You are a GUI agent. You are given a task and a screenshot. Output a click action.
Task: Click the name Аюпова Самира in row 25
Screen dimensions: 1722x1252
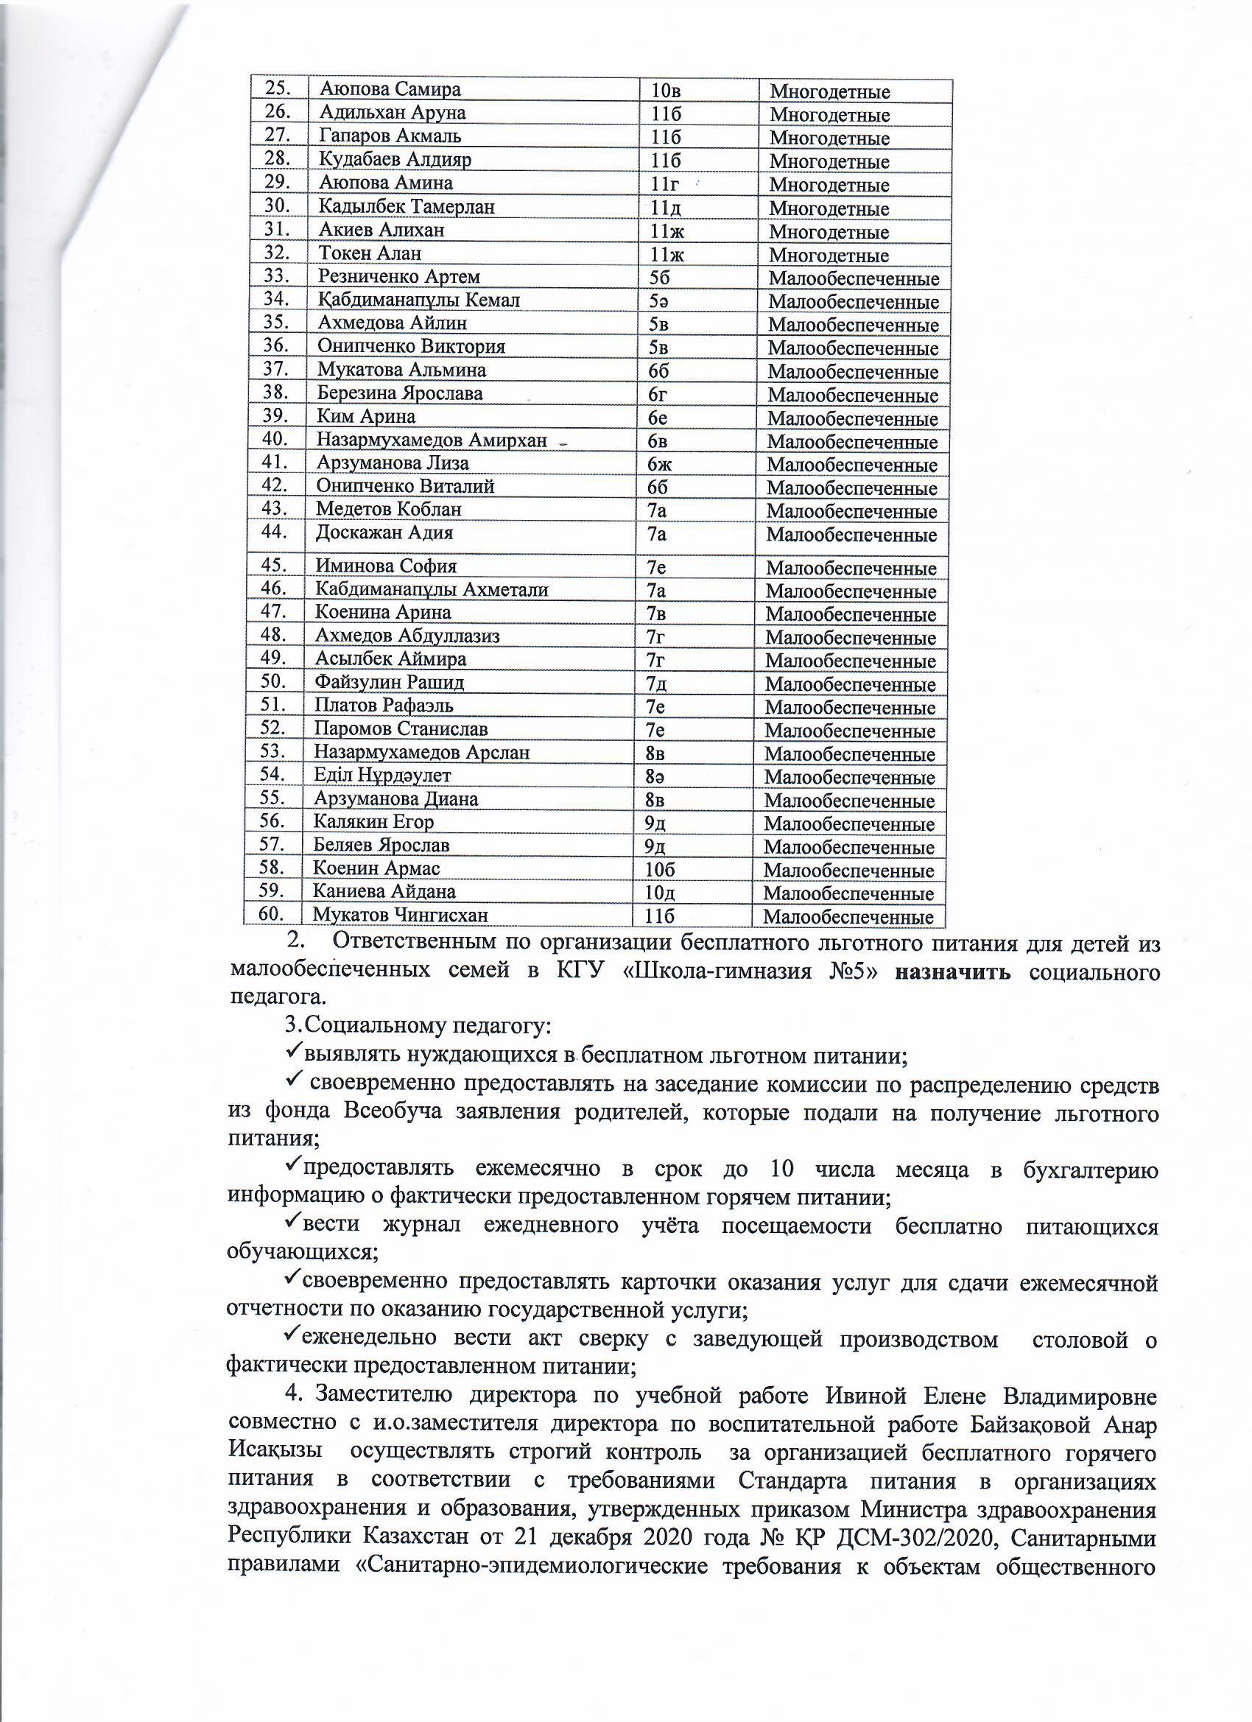point(390,90)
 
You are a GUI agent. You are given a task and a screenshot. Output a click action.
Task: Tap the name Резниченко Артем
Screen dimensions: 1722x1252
point(398,277)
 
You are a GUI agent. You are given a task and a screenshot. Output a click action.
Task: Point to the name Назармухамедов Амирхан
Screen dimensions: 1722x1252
point(432,440)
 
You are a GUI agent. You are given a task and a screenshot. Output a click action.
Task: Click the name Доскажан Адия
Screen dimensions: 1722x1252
point(384,533)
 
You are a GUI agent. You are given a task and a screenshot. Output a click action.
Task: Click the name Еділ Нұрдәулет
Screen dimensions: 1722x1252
point(383,776)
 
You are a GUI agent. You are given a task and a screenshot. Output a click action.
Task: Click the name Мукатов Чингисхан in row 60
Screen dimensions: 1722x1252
point(400,916)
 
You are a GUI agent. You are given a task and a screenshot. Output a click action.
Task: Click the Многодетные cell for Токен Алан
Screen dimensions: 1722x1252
point(829,255)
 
